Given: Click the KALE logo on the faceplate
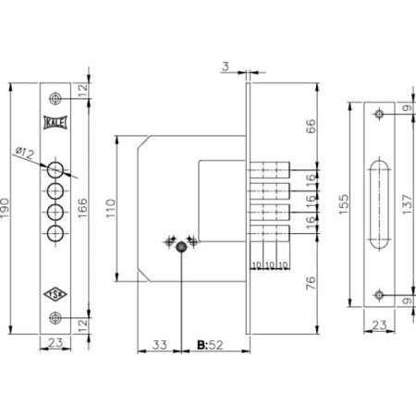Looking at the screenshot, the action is tap(55, 123).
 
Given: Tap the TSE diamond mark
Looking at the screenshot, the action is tap(55, 294).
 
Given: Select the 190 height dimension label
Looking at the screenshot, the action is tap(5, 208).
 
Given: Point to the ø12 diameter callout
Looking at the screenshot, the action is tap(25, 153).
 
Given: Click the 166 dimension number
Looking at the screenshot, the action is tap(82, 208).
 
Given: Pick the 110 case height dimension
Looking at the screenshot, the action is tap(111, 208).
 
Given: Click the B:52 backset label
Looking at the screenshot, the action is tap(210, 345).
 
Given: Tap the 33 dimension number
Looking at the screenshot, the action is tap(159, 345).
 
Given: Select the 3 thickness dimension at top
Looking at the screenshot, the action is tap(226, 67).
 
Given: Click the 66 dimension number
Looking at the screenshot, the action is tap(311, 127).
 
